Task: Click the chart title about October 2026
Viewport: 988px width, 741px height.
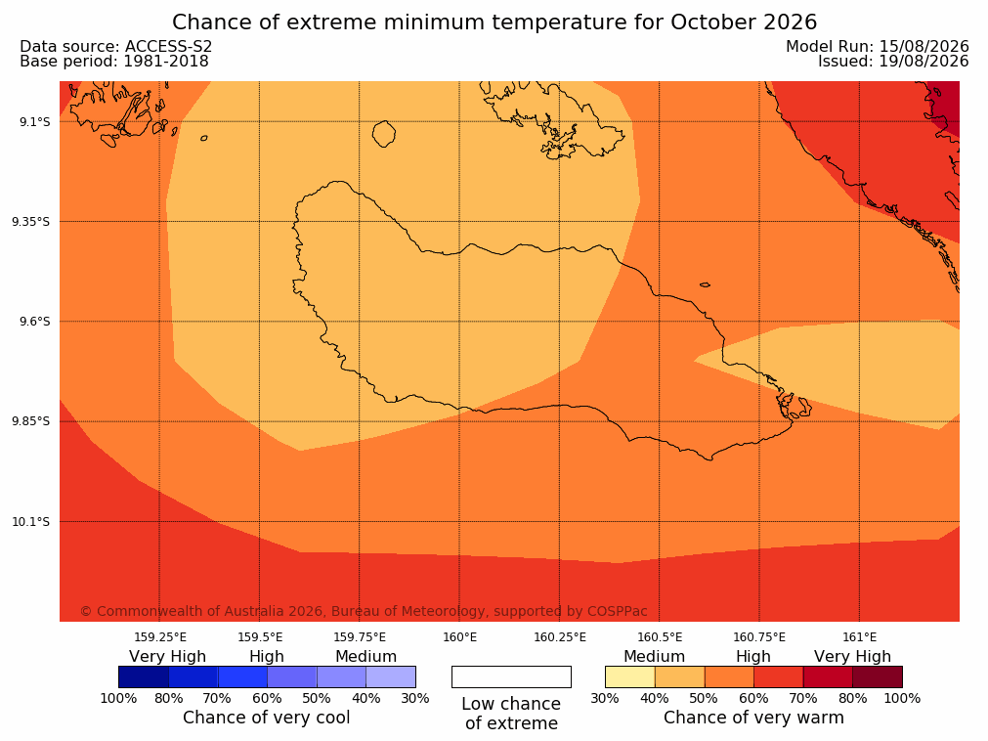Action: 494,22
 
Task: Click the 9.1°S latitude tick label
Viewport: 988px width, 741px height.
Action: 35,121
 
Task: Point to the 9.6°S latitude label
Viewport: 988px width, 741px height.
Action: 35,322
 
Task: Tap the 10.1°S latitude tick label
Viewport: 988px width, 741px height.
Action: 31,522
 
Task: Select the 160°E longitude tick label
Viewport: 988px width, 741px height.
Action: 460,637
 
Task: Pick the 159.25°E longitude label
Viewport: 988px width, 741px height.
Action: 160,637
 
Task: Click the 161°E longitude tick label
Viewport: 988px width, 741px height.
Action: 859,637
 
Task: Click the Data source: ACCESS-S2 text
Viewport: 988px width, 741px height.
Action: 116,47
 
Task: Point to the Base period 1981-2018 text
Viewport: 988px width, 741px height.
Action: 114,62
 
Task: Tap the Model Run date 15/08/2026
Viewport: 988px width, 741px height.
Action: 924,47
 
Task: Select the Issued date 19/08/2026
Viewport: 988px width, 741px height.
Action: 924,62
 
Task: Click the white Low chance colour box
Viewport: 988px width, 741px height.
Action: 512,676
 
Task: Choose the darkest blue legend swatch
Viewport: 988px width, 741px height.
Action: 144,676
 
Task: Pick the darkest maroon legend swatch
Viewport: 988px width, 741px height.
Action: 878,676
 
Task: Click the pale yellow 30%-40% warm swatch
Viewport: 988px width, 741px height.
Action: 630,676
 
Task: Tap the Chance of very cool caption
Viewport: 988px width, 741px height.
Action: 267,718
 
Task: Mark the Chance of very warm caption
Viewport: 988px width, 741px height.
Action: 753,718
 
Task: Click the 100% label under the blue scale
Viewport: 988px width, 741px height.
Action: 118,698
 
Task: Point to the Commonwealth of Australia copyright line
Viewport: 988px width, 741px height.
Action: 364,611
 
